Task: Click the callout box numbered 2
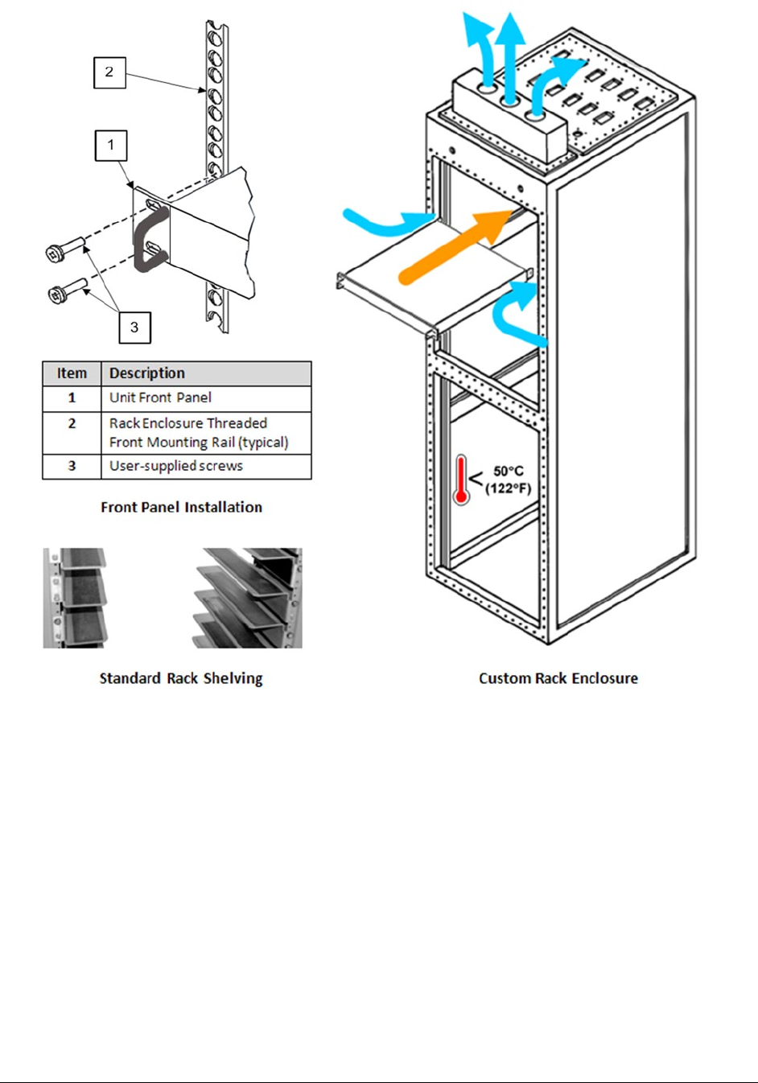pyautogui.click(x=109, y=72)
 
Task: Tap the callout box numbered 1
pyautogui.click(x=111, y=146)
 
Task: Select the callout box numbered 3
pyautogui.click(x=134, y=327)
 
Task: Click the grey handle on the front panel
pyautogui.click(x=150, y=237)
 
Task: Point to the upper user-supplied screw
pyautogui.click(x=65, y=247)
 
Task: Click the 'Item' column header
pyautogui.click(x=72, y=373)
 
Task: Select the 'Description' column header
pyautogui.click(x=147, y=373)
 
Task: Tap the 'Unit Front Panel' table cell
pyautogui.click(x=160, y=397)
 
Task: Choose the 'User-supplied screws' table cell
pyautogui.click(x=175, y=466)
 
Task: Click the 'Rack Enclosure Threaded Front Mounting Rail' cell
pyautogui.click(x=198, y=433)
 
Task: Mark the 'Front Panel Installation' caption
pyautogui.click(x=181, y=507)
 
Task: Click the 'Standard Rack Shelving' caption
pyautogui.click(x=181, y=678)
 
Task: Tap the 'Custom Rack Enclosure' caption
pyautogui.click(x=558, y=678)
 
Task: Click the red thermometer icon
pyautogui.click(x=461, y=480)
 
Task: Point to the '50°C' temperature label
pyautogui.click(x=509, y=471)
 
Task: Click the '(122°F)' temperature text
pyautogui.click(x=509, y=488)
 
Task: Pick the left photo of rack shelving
pyautogui.click(x=74, y=598)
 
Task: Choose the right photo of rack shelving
pyautogui.click(x=248, y=598)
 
